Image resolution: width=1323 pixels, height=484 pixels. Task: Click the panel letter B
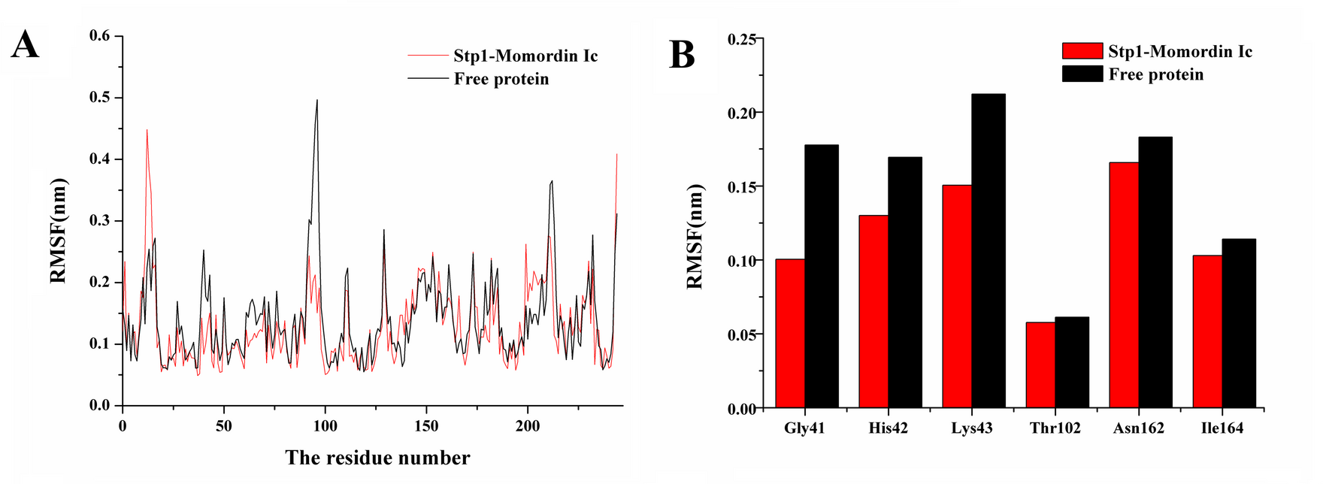682,55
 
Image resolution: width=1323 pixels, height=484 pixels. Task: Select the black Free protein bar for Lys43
988,251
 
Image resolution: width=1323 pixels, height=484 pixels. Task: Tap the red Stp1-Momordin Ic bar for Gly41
790,334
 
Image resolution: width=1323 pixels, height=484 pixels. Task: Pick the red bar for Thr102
1040,365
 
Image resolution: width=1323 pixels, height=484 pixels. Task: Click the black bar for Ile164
1238,323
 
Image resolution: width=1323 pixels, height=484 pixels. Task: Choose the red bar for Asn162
1124,286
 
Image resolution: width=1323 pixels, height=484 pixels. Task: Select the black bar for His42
904,283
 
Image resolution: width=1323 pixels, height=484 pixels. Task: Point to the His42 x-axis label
888,428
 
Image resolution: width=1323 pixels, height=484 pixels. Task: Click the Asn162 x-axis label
1138,428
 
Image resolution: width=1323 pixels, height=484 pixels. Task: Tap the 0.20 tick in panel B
742,113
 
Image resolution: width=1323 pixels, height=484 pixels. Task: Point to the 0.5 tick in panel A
99,98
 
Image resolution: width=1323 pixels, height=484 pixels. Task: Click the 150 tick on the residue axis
426,426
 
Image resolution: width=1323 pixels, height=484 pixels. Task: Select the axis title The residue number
377,458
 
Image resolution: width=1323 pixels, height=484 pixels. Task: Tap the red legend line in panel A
428,56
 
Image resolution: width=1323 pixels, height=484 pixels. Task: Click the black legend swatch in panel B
1082,74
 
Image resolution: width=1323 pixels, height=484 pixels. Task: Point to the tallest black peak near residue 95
317,101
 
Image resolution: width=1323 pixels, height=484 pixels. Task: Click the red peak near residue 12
147,131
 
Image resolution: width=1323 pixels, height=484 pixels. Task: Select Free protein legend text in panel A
501,79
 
